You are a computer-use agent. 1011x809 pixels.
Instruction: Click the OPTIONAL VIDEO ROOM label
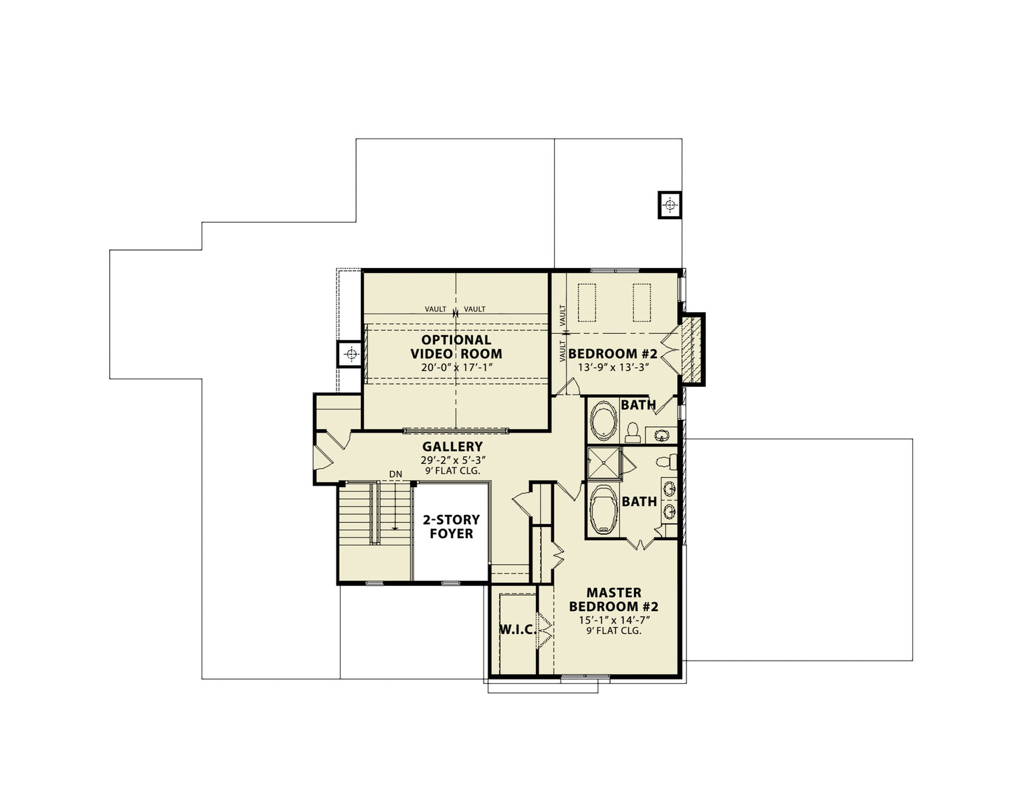(x=455, y=347)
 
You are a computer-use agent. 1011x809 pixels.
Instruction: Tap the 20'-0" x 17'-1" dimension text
(x=456, y=367)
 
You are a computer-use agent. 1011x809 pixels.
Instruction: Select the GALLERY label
(x=452, y=446)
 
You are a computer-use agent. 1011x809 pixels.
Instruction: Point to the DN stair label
(x=395, y=474)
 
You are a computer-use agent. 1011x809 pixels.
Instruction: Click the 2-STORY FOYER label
(x=451, y=526)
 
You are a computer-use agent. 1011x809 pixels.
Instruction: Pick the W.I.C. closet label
(x=517, y=629)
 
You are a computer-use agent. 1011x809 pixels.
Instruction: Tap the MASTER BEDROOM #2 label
(x=614, y=599)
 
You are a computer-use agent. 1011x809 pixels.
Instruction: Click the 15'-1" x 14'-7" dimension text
(x=614, y=621)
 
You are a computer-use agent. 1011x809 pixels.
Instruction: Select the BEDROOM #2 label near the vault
(x=613, y=353)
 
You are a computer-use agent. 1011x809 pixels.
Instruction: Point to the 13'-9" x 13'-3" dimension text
(x=613, y=367)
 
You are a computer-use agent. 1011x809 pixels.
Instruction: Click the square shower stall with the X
(x=605, y=463)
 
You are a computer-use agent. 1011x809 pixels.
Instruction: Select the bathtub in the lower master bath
(x=604, y=509)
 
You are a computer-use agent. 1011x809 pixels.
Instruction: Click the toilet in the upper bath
(x=632, y=432)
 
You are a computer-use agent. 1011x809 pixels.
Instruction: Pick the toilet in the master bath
(x=667, y=462)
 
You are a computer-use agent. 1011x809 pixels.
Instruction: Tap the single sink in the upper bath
(x=661, y=435)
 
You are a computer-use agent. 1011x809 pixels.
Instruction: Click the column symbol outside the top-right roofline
(x=670, y=205)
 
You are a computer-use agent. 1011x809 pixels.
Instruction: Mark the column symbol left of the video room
(x=351, y=354)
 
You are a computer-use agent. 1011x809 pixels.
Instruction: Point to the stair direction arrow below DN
(x=395, y=505)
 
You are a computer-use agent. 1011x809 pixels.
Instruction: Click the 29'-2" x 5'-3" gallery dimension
(x=453, y=460)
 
